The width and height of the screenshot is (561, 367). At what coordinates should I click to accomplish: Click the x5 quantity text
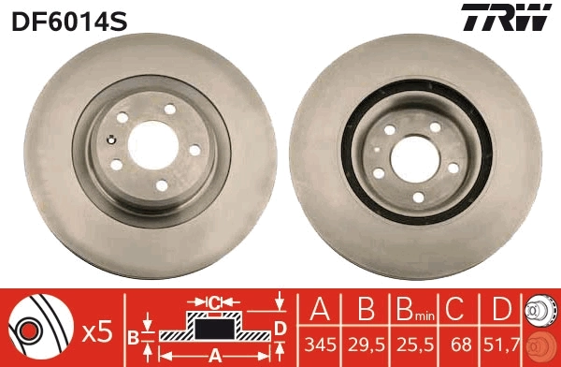coord(97,330)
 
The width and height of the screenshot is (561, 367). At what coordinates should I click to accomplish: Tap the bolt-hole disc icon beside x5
coord(41,330)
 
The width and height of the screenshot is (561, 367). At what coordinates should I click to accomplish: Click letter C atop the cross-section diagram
coord(214,302)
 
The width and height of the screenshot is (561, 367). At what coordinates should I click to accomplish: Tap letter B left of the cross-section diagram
coord(133,335)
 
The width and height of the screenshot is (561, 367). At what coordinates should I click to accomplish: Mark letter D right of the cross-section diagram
coord(280,328)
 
